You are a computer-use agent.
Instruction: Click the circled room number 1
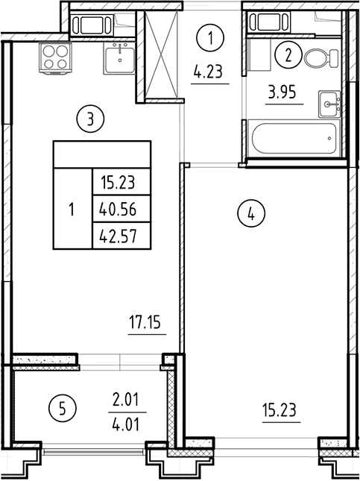point(212,36)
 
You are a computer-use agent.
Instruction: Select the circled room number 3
point(90,117)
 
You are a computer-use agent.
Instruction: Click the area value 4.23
point(209,73)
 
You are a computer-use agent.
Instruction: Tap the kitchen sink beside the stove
point(119,58)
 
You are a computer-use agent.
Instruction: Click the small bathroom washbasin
point(328,104)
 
